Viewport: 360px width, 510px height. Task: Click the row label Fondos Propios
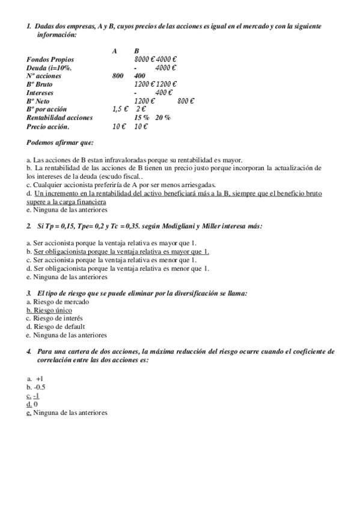(50, 60)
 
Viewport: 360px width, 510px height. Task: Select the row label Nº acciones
(43, 76)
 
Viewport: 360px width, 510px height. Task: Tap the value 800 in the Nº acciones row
(118, 76)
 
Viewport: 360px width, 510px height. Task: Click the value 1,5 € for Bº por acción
(120, 109)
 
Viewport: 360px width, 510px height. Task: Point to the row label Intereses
(40, 93)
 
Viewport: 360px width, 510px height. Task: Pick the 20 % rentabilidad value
(162, 118)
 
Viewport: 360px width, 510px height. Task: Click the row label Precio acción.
(47, 127)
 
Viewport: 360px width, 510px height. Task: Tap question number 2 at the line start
(29, 226)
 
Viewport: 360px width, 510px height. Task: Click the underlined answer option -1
(37, 396)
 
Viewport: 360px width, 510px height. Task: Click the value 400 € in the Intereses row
(164, 93)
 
